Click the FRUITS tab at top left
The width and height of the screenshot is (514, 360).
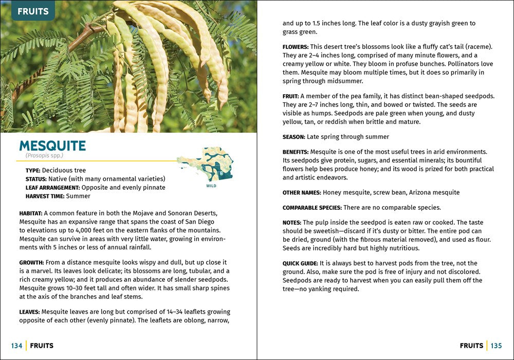coord(33,11)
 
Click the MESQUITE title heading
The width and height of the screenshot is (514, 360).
coord(52,146)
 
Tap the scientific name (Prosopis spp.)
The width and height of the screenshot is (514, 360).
coord(44,156)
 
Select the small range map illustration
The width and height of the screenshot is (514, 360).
coord(205,165)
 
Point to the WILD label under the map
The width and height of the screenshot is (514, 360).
coord(211,186)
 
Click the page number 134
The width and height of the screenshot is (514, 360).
coord(16,346)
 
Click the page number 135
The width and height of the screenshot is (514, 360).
coord(496,346)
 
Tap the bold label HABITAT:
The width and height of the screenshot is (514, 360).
coord(31,213)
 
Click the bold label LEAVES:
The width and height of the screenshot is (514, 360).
coord(29,312)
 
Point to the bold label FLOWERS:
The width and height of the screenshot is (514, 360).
coord(296,47)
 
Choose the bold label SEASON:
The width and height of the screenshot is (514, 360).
coord(293,137)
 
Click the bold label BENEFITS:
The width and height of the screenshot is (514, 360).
coord(296,152)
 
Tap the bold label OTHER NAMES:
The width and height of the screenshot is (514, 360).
coord(302,193)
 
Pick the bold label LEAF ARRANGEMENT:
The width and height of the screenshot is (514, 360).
coord(52,188)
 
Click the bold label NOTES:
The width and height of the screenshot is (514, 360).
coord(291,223)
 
